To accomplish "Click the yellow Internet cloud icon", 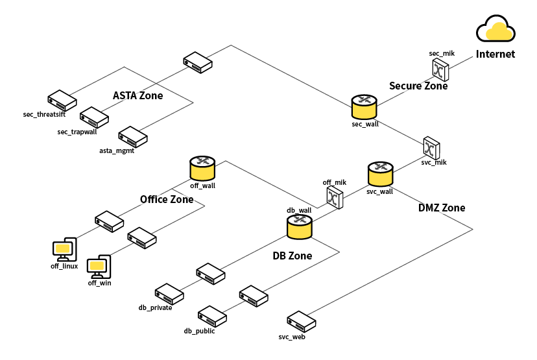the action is coord(495,29).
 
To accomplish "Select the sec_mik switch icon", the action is coord(440,69).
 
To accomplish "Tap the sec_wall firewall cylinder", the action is coord(364,107).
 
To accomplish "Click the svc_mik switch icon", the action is coord(431,149).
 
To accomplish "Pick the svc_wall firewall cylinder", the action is coord(381,174).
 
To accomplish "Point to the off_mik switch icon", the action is coord(335,197).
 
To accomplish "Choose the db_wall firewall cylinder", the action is coord(300,227).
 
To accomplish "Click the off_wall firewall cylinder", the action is coord(202,168).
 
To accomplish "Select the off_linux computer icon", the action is coord(65,250).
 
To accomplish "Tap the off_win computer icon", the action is coord(99,267).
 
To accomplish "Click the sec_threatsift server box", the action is coord(62,101).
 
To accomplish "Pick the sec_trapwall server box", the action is coord(94,117).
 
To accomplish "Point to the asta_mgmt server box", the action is coord(133,137).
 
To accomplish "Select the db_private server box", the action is coord(169,294).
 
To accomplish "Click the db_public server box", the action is coord(212,317).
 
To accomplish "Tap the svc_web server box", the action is coord(302,322).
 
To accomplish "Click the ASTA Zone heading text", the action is coord(138,95).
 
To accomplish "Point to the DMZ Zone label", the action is coord(442,208).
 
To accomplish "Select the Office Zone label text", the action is coord(167,199).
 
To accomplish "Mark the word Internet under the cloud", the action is coord(495,54).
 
